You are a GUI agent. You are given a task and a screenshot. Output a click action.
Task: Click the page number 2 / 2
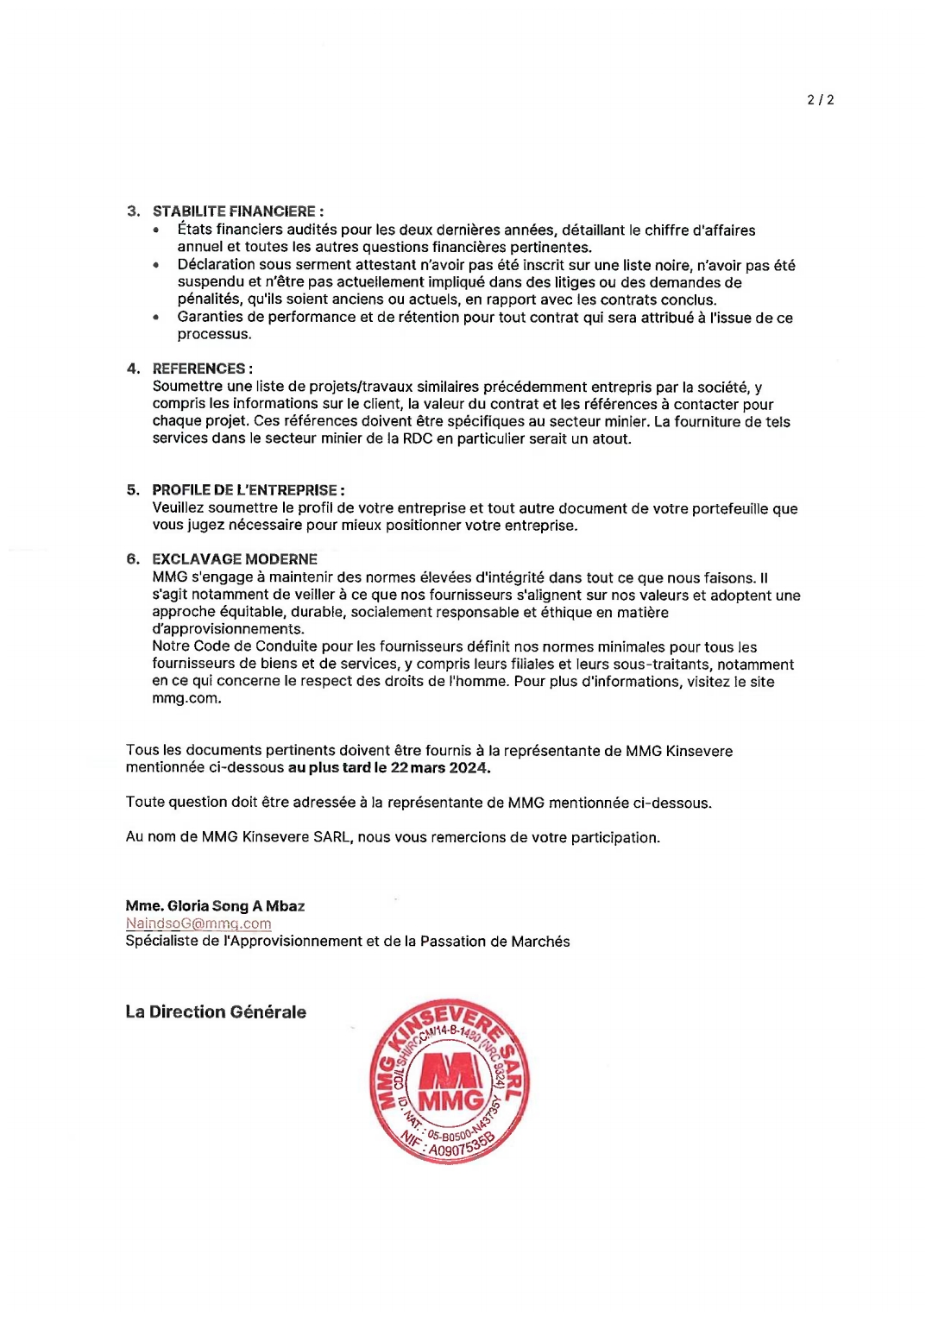820,100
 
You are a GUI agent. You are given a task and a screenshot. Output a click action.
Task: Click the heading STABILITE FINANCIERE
237,211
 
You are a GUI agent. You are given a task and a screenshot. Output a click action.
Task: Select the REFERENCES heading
202,369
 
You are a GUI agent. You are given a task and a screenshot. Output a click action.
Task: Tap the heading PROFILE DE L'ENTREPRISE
248,490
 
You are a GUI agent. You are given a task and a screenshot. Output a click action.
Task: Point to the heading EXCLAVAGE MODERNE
235,559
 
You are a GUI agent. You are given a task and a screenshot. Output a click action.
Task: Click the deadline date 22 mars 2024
439,768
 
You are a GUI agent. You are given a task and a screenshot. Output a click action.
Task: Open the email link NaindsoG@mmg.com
198,923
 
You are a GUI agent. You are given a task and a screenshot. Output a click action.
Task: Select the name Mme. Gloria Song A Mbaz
215,906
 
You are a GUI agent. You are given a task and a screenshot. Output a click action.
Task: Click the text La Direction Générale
216,1012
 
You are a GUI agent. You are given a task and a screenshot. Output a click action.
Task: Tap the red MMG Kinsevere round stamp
450,1082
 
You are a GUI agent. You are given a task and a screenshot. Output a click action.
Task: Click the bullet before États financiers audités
156,230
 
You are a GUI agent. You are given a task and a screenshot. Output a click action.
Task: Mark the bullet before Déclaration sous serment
156,266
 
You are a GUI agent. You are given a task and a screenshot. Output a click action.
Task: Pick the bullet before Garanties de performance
156,318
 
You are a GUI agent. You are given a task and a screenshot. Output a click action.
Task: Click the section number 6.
133,559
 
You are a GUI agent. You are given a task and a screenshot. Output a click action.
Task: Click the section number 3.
133,211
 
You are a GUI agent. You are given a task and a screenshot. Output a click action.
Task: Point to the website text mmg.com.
186,699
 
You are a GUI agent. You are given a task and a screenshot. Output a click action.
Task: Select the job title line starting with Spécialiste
347,942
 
